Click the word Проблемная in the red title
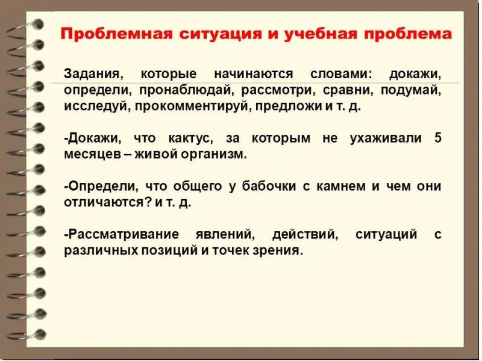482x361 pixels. (116, 34)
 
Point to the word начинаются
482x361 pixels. (253, 74)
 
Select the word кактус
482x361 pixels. (191, 138)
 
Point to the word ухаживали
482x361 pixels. (386, 138)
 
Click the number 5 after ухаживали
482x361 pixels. (438, 138)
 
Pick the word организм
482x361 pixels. (214, 155)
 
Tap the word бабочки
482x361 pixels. (269, 187)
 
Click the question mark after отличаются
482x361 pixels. (148, 202)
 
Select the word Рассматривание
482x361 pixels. (122, 235)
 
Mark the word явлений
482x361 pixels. (225, 235)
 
